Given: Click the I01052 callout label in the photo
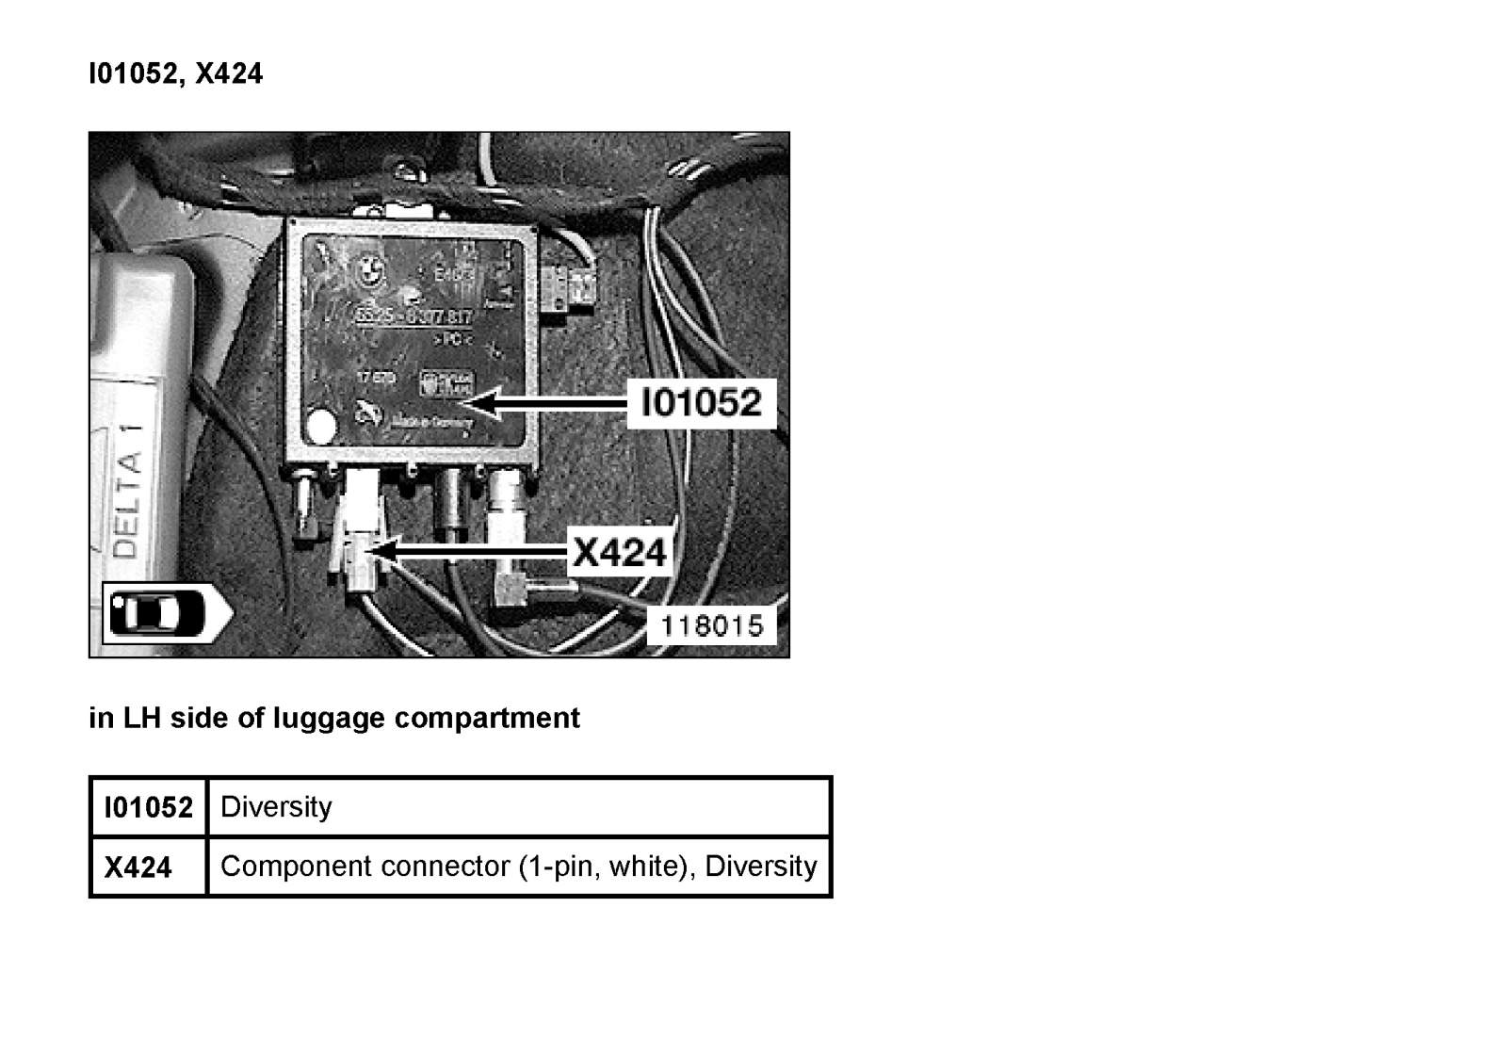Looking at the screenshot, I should [x=701, y=403].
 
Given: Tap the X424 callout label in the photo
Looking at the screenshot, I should [x=619, y=552].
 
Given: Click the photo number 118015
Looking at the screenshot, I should [x=711, y=625].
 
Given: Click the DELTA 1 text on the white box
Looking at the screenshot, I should [x=128, y=490].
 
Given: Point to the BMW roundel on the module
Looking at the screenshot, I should [x=367, y=269].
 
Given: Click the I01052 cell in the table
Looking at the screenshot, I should [x=148, y=807].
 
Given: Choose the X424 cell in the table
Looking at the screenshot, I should [x=138, y=867].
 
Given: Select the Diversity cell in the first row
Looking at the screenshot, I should [x=276, y=807].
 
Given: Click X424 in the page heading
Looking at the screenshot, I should [x=229, y=73].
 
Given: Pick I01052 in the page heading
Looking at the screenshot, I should [x=132, y=73].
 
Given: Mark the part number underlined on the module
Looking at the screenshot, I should [x=413, y=317].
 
